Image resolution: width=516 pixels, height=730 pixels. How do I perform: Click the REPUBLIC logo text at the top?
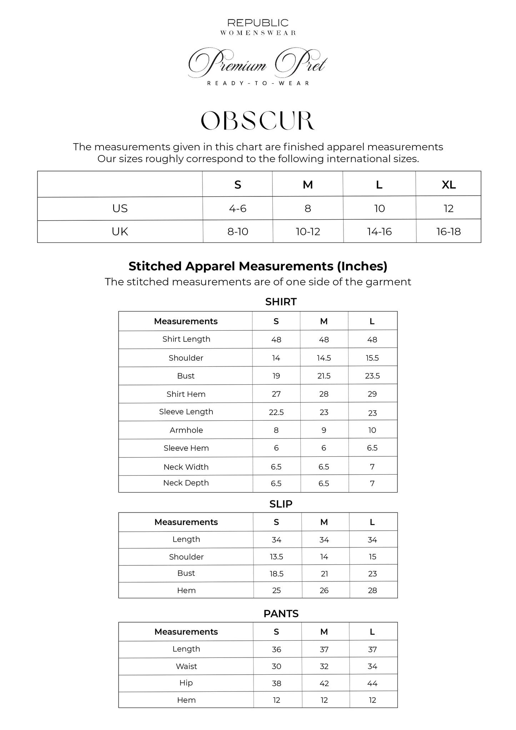(x=258, y=23)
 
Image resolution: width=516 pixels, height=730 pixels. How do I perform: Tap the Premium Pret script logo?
(x=257, y=64)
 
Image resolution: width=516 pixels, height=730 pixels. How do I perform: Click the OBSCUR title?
(x=258, y=121)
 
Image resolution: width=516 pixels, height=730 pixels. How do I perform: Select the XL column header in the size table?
(x=449, y=185)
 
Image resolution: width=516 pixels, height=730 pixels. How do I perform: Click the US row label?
(x=120, y=209)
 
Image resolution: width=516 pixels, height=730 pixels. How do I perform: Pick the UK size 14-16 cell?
(x=379, y=232)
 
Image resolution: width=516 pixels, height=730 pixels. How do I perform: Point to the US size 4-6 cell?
(x=237, y=209)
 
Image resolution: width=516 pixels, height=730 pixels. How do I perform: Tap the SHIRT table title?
(x=281, y=302)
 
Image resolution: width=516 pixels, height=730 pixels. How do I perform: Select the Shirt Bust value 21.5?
(x=324, y=376)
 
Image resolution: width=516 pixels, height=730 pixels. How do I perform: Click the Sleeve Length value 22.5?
(x=276, y=412)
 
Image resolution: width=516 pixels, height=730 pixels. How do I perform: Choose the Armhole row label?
(x=186, y=430)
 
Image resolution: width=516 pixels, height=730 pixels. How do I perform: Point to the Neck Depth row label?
(x=186, y=483)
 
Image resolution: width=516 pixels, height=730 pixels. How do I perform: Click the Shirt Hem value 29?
(x=372, y=394)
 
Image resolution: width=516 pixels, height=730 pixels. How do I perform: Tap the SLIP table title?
(x=281, y=504)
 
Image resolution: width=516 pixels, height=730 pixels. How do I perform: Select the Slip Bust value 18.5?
(x=276, y=574)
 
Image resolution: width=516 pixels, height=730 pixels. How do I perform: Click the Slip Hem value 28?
(x=372, y=591)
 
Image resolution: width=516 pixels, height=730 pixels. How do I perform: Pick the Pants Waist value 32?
(x=324, y=666)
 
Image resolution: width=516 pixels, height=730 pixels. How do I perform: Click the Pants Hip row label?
(x=186, y=683)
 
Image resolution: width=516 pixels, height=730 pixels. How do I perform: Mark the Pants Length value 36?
(x=276, y=650)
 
